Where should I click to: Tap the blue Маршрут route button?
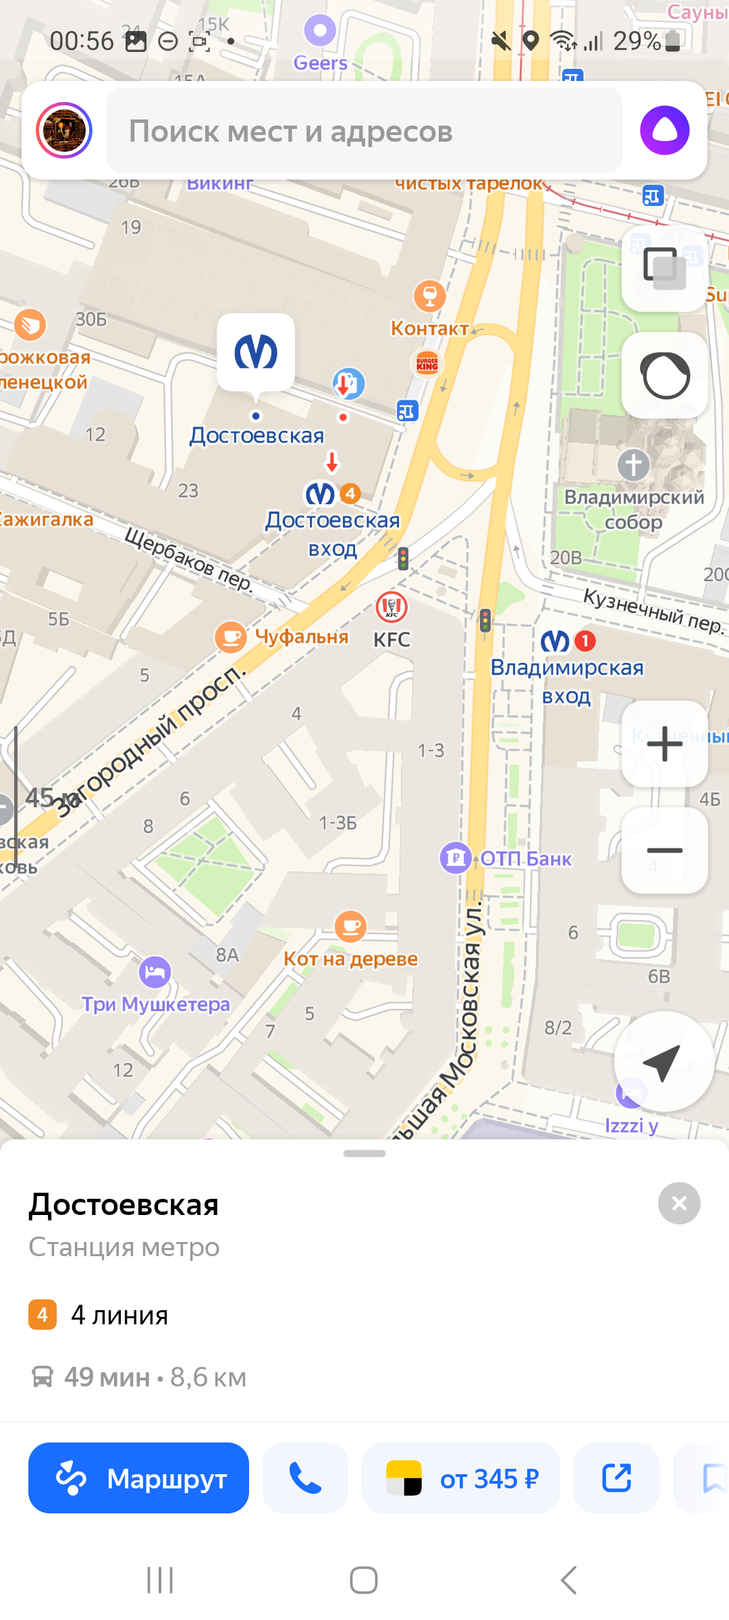(x=138, y=1478)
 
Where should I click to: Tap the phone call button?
(x=305, y=1478)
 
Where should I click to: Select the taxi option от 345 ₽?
(x=461, y=1478)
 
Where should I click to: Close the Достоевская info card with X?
(x=679, y=1203)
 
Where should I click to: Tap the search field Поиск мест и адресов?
(x=364, y=131)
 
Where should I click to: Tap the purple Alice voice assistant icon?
(x=664, y=130)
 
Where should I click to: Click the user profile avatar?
(x=64, y=130)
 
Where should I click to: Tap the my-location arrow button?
(x=664, y=1062)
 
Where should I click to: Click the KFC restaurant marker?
(x=391, y=607)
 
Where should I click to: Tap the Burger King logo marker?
(x=427, y=363)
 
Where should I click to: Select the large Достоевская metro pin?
(x=256, y=352)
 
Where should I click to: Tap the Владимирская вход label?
(x=567, y=680)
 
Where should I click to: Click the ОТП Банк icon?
(x=456, y=858)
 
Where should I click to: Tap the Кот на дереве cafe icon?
(x=350, y=925)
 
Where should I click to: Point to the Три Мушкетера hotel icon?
(x=155, y=971)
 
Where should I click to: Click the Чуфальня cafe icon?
(x=231, y=637)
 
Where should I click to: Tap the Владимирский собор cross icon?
(x=633, y=464)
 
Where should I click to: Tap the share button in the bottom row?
(x=616, y=1478)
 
